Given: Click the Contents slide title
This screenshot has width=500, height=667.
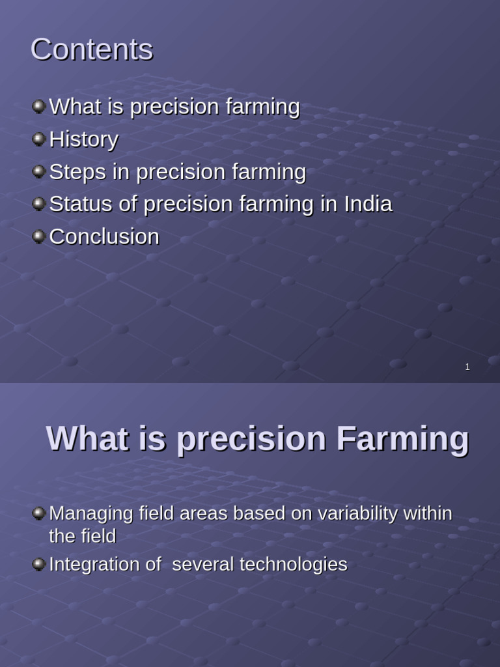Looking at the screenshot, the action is click(92, 50).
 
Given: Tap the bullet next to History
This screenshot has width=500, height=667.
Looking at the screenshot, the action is click(38, 139).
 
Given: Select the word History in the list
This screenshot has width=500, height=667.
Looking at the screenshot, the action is click(84, 139).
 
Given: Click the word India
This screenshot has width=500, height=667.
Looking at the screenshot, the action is click(368, 204).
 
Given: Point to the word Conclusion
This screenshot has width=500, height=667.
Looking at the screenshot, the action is click(104, 236).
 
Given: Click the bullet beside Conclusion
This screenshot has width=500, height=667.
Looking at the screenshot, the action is click(38, 236).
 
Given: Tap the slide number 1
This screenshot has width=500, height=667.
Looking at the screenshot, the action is click(467, 367).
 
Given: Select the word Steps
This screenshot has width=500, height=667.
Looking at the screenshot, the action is click(78, 172).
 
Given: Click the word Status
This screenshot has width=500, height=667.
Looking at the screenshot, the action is click(81, 204).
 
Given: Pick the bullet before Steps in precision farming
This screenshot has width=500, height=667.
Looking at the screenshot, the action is click(38, 171).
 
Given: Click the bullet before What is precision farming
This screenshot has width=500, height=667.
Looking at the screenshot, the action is click(38, 106).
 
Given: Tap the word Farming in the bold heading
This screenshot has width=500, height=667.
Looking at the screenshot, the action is click(402, 440).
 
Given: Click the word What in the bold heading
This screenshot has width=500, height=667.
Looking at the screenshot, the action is click(87, 438).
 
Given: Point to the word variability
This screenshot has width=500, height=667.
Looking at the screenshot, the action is click(357, 514).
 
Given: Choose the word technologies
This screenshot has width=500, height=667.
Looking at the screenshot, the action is click(294, 565).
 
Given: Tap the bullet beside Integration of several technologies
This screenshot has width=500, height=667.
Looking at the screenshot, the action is click(38, 564).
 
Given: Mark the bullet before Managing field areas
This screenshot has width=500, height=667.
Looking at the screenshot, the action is click(38, 513).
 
